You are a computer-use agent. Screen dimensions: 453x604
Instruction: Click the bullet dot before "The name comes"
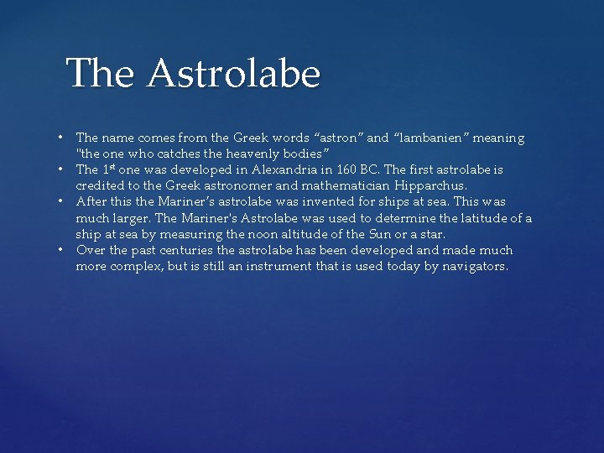click(x=62, y=138)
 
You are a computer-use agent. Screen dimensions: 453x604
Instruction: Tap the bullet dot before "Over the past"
click(x=62, y=250)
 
